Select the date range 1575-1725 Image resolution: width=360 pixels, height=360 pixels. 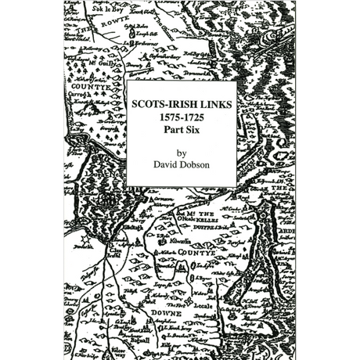182,118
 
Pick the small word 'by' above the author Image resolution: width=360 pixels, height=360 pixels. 182,153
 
